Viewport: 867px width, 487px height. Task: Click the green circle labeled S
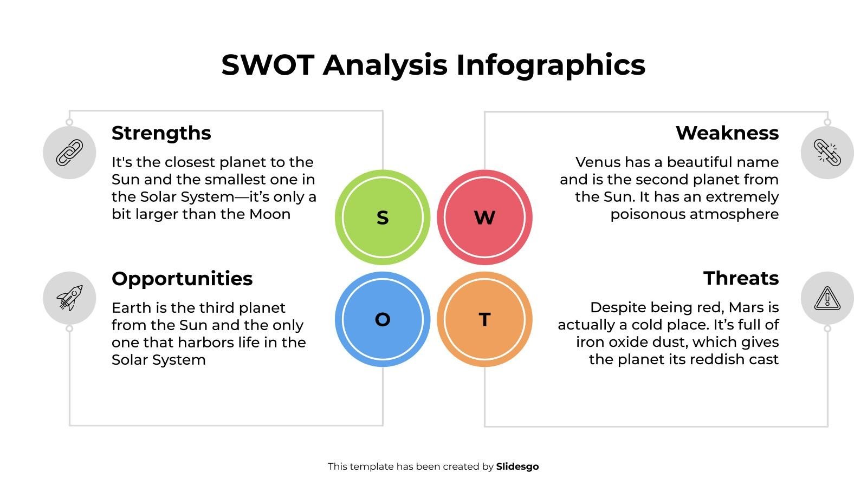[x=382, y=217]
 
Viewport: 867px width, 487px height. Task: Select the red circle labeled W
[x=484, y=217]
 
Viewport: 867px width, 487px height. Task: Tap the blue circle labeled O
[x=382, y=319]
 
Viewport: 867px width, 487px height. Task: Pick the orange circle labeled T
[x=484, y=319]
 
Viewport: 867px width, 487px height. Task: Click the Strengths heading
[x=161, y=133]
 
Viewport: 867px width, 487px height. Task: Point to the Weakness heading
[x=727, y=133]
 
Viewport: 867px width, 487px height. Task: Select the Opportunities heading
[x=182, y=279]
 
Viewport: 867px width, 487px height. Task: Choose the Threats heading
[x=741, y=279]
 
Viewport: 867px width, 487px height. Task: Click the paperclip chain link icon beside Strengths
[x=69, y=153]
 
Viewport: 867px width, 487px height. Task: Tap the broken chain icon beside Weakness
[x=827, y=153]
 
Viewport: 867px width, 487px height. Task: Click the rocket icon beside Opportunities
[x=69, y=298]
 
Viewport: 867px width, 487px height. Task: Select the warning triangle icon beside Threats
[x=827, y=298]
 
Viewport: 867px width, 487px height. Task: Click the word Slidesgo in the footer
[x=517, y=466]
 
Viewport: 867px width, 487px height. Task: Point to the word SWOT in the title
[x=268, y=65]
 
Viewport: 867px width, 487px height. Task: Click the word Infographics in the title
[x=551, y=65]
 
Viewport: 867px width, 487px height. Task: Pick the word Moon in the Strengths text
[x=270, y=214]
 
